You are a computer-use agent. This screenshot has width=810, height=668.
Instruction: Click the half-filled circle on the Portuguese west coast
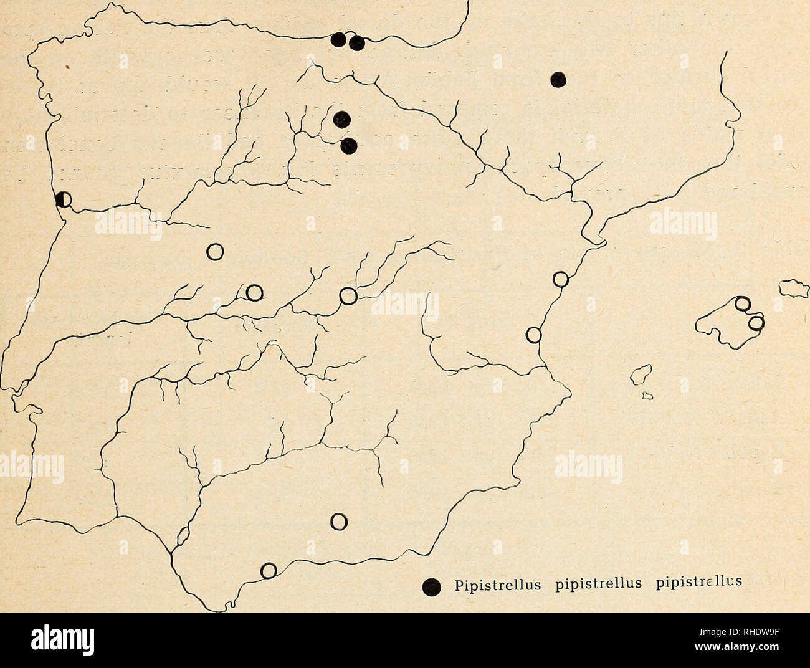click(x=63, y=199)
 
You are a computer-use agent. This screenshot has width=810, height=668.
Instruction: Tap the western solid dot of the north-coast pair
click(x=338, y=40)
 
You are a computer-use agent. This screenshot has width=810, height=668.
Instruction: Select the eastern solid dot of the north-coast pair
click(x=357, y=43)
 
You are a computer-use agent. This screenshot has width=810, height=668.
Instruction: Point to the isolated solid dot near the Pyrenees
click(x=558, y=79)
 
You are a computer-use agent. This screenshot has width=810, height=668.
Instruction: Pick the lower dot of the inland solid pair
click(x=350, y=146)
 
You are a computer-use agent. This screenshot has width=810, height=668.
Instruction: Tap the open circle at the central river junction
click(x=348, y=297)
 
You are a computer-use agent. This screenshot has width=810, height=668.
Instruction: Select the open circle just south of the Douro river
click(x=215, y=251)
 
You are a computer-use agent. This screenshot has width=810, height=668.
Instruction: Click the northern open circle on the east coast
click(x=561, y=279)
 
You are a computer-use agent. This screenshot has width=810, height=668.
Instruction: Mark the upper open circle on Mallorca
click(x=743, y=305)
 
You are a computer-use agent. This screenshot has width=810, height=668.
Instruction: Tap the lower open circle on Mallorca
click(x=756, y=323)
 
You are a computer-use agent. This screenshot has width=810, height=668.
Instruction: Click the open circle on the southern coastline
click(x=269, y=570)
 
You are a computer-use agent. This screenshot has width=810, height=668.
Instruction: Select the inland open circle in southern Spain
click(x=338, y=521)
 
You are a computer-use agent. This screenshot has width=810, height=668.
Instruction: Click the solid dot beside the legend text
click(x=429, y=586)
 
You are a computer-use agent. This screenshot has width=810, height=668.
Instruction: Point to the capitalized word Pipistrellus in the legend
click(x=485, y=584)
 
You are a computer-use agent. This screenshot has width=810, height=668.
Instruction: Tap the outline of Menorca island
click(x=793, y=289)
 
